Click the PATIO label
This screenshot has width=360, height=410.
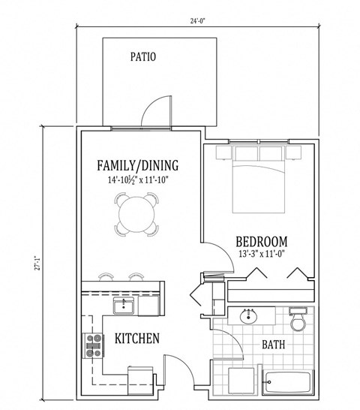pos(142,56)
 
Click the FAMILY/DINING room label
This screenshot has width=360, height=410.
pos(137,165)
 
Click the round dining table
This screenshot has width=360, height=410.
pos(137,213)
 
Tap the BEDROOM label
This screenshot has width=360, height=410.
pos(261,242)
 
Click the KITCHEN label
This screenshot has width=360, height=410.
pos(136,339)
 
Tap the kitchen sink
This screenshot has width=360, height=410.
pos(123,306)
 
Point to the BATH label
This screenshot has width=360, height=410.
pos(272,345)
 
